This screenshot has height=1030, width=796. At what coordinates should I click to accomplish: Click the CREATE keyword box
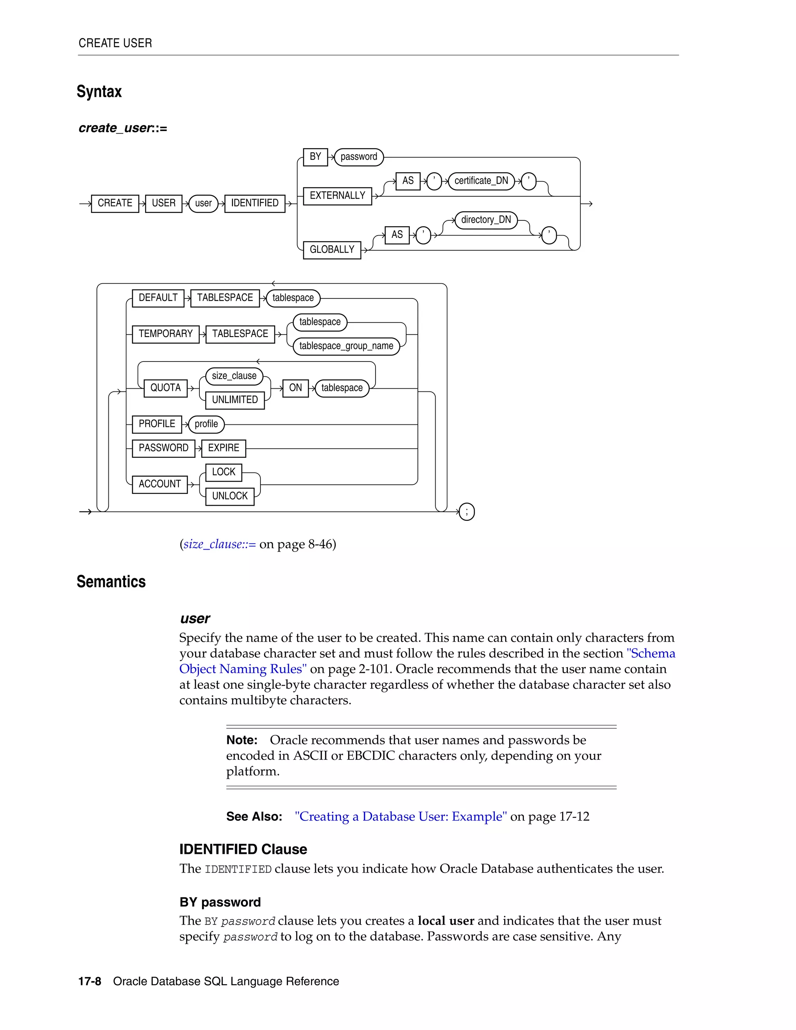pos(115,203)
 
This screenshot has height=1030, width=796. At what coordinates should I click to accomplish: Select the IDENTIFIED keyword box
pos(255,203)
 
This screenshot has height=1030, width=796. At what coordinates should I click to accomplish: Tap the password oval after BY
pos(358,157)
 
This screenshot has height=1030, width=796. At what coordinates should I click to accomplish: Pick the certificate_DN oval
pos(481,181)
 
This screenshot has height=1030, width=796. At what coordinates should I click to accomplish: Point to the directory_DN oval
pos(486,220)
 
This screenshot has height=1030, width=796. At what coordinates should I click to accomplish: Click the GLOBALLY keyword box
pos(332,250)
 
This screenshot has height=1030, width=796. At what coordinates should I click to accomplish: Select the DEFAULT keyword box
pos(158,298)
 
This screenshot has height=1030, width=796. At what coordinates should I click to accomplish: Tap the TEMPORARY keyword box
pos(166,334)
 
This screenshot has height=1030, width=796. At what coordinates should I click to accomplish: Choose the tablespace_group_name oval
pos(346,346)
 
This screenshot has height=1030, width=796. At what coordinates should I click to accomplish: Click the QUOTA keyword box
pos(166,388)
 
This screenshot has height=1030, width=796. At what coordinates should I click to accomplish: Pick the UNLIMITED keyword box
pos(235,400)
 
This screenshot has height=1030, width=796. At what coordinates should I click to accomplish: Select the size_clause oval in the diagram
pos(234,376)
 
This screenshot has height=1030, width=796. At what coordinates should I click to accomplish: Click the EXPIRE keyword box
pos(223,448)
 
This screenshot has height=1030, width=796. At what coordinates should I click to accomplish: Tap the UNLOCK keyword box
pos(230,496)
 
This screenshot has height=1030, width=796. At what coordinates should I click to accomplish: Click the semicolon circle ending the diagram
pos(467,512)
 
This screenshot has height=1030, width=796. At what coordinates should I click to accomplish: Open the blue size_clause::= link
pos(220,544)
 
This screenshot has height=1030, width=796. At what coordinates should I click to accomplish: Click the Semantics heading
pos(111,581)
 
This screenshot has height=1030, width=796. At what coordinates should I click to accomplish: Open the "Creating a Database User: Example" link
pos(401,816)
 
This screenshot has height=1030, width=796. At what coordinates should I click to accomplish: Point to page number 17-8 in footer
pos(90,981)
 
